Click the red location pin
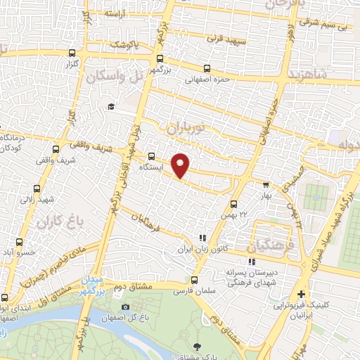tap(181, 165)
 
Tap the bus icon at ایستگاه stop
tap(153, 156)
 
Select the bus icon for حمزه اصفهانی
tap(206, 69)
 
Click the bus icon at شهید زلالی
tap(37, 188)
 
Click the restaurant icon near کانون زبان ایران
tap(202, 239)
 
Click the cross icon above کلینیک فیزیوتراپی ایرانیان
tap(301, 294)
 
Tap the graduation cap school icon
tap(110, 106)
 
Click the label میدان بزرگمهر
tap(99, 285)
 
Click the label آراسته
tap(114, 13)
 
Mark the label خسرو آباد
tap(14, 252)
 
